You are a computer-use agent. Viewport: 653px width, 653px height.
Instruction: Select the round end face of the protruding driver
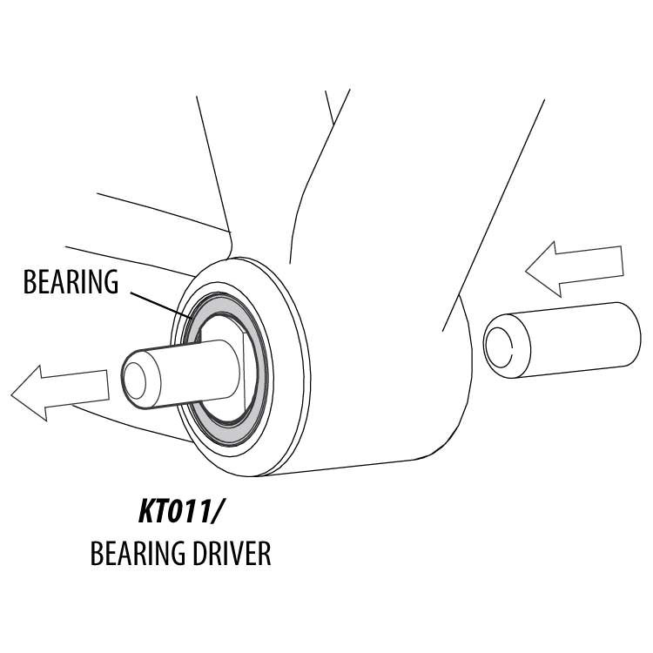(x=138, y=379)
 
